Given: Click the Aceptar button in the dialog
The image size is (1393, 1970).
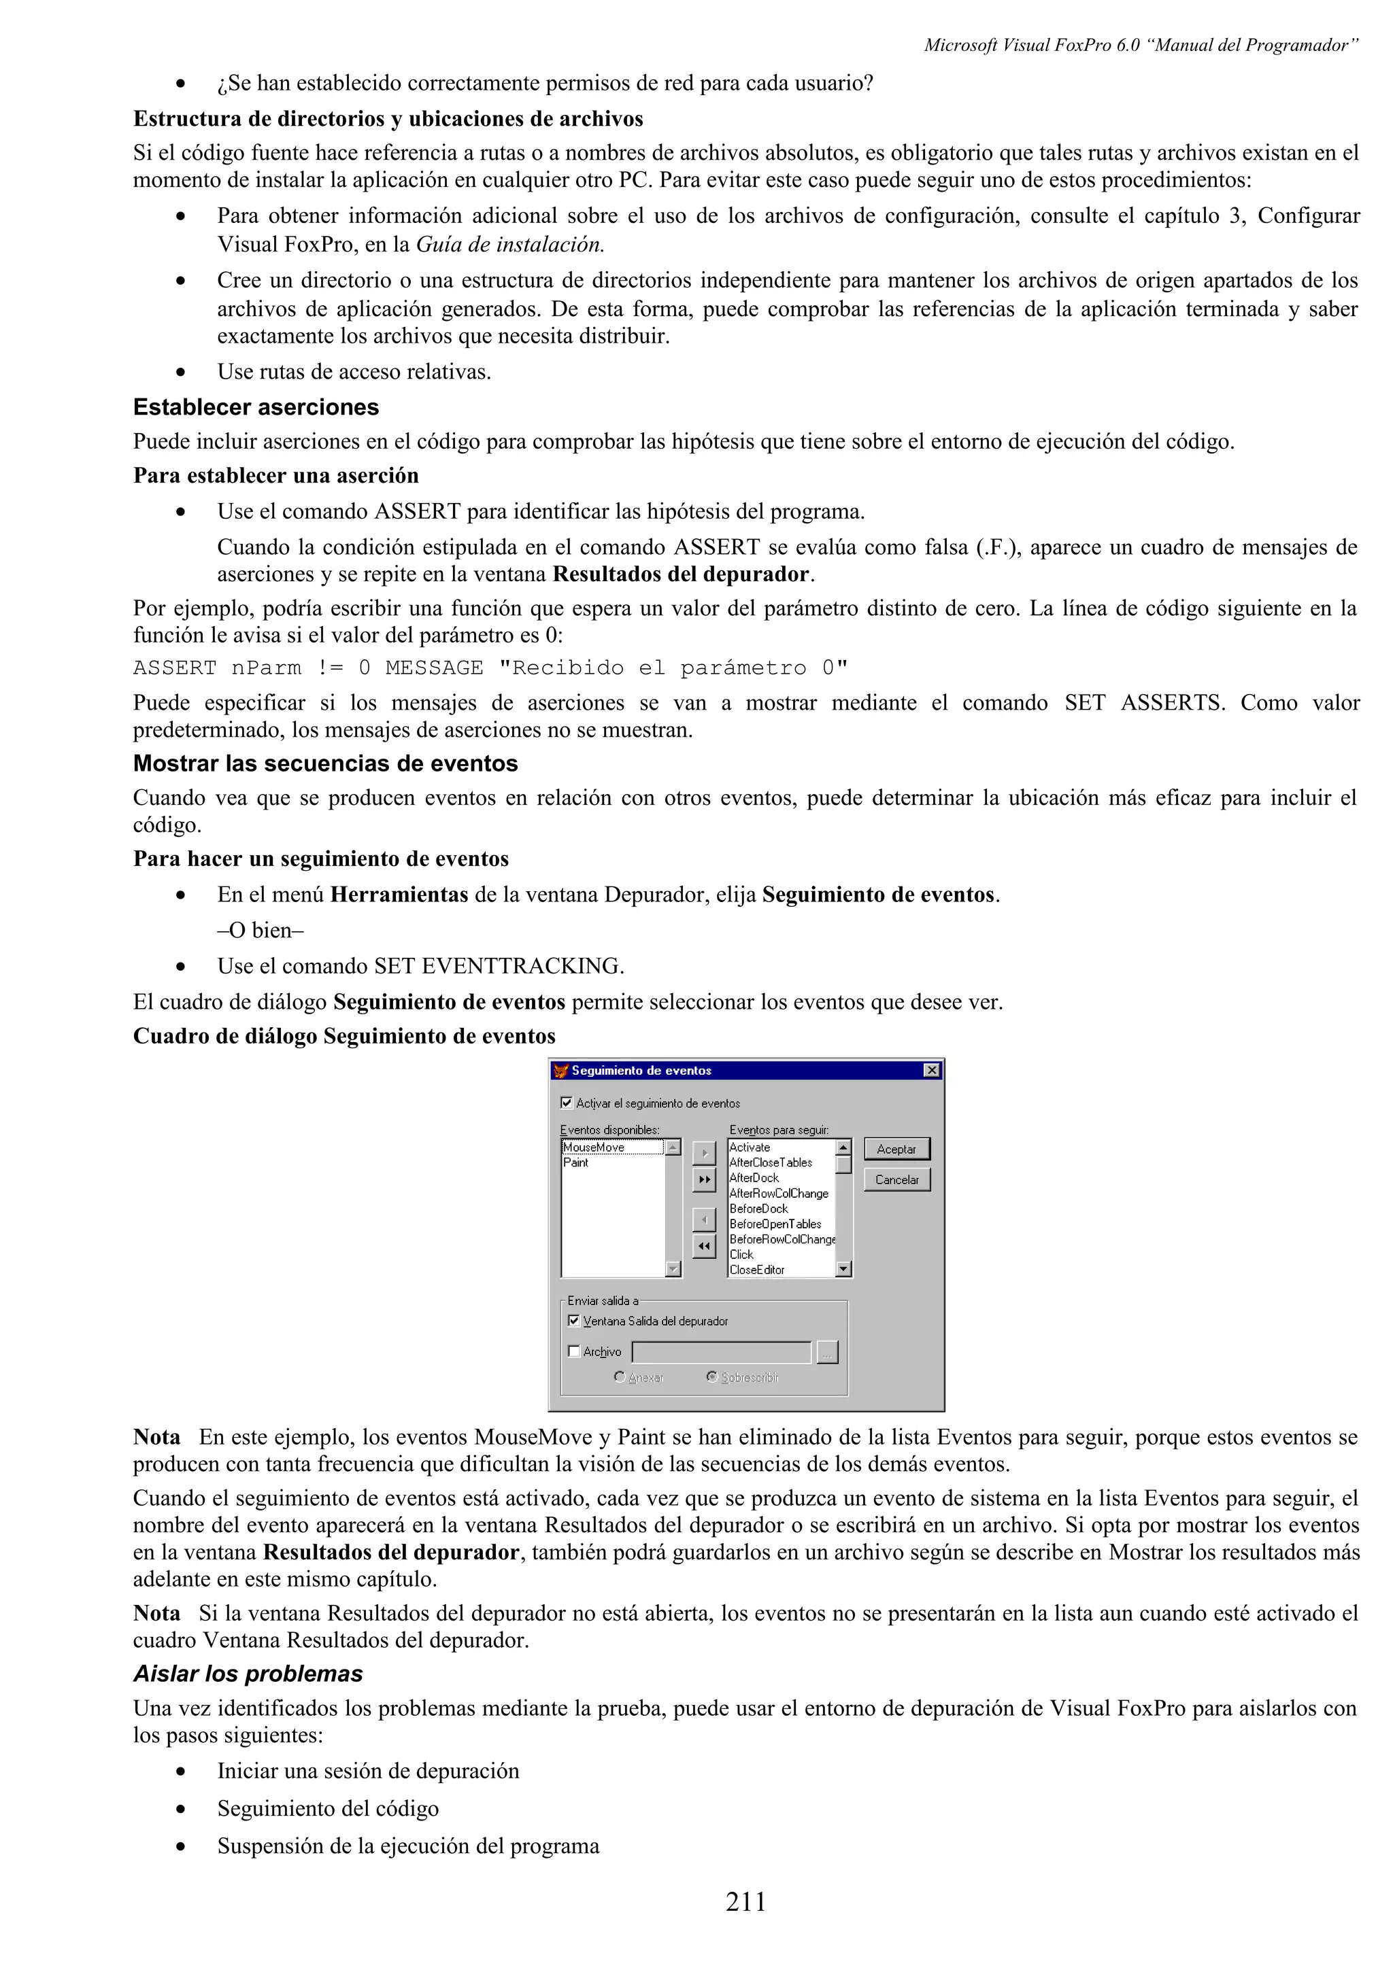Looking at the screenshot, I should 896,1149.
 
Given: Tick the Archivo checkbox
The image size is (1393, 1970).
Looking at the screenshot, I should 574,1351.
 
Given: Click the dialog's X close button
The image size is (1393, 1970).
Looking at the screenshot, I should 931,1070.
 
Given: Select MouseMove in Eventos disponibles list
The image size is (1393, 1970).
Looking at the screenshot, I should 594,1147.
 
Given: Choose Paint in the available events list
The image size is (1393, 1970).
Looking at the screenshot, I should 576,1162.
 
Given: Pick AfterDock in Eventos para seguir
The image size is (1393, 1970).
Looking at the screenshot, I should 754,1178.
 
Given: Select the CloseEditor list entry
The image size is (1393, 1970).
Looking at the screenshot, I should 756,1270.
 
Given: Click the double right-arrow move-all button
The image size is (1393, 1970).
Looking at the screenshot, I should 704,1180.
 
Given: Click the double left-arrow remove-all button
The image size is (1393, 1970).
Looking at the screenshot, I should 704,1246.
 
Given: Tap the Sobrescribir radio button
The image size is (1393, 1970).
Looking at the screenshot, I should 711,1377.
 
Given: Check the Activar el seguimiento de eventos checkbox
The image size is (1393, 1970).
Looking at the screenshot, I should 567,1103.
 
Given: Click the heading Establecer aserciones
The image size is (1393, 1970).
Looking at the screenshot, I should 256,407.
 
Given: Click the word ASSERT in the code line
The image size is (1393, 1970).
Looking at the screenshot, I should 174,668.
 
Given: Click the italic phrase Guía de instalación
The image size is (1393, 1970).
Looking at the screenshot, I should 510,245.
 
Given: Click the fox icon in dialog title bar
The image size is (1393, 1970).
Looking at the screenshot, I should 561,1070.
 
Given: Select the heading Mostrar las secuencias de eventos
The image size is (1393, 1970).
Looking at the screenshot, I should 325,763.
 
